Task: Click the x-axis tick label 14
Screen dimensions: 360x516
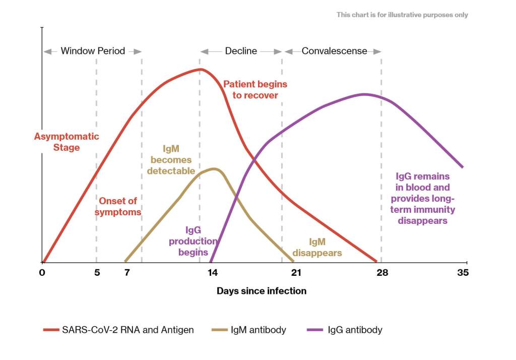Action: (x=213, y=273)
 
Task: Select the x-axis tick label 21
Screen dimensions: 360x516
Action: (x=296, y=273)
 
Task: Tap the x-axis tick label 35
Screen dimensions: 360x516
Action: (x=463, y=273)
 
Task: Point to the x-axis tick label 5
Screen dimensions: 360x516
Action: (x=97, y=273)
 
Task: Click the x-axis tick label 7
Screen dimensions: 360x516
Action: (x=127, y=273)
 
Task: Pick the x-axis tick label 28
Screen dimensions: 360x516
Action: (x=382, y=273)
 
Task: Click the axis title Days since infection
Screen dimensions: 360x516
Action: (x=262, y=291)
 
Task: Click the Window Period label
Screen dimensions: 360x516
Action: (x=93, y=51)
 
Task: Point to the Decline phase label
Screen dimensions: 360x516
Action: (x=241, y=51)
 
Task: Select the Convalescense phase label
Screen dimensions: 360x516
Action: (x=334, y=51)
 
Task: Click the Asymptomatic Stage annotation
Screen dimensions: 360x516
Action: (x=67, y=142)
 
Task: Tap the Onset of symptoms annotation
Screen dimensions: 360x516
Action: (x=118, y=207)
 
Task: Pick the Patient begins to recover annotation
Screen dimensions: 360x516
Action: (x=255, y=89)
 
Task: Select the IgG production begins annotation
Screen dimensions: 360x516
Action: (x=193, y=241)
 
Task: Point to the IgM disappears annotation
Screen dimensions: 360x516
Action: (x=317, y=248)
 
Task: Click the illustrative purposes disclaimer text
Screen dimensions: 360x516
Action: (x=402, y=15)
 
